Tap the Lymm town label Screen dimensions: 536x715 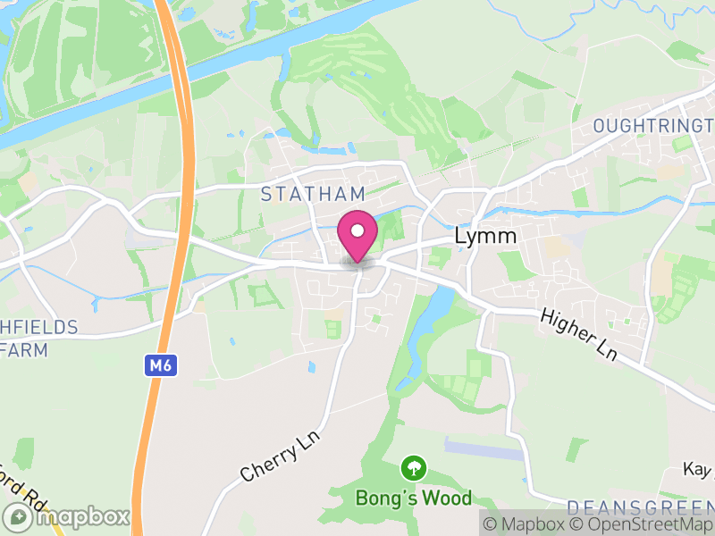(x=486, y=237)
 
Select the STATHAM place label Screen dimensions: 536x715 (x=313, y=194)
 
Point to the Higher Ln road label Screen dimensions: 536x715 (x=578, y=335)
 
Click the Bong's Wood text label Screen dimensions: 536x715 (x=413, y=498)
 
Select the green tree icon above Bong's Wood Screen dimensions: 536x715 (x=413, y=466)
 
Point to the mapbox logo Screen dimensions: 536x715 (x=67, y=516)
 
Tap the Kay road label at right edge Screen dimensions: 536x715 (x=698, y=469)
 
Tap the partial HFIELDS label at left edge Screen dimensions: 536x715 (x=39, y=327)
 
